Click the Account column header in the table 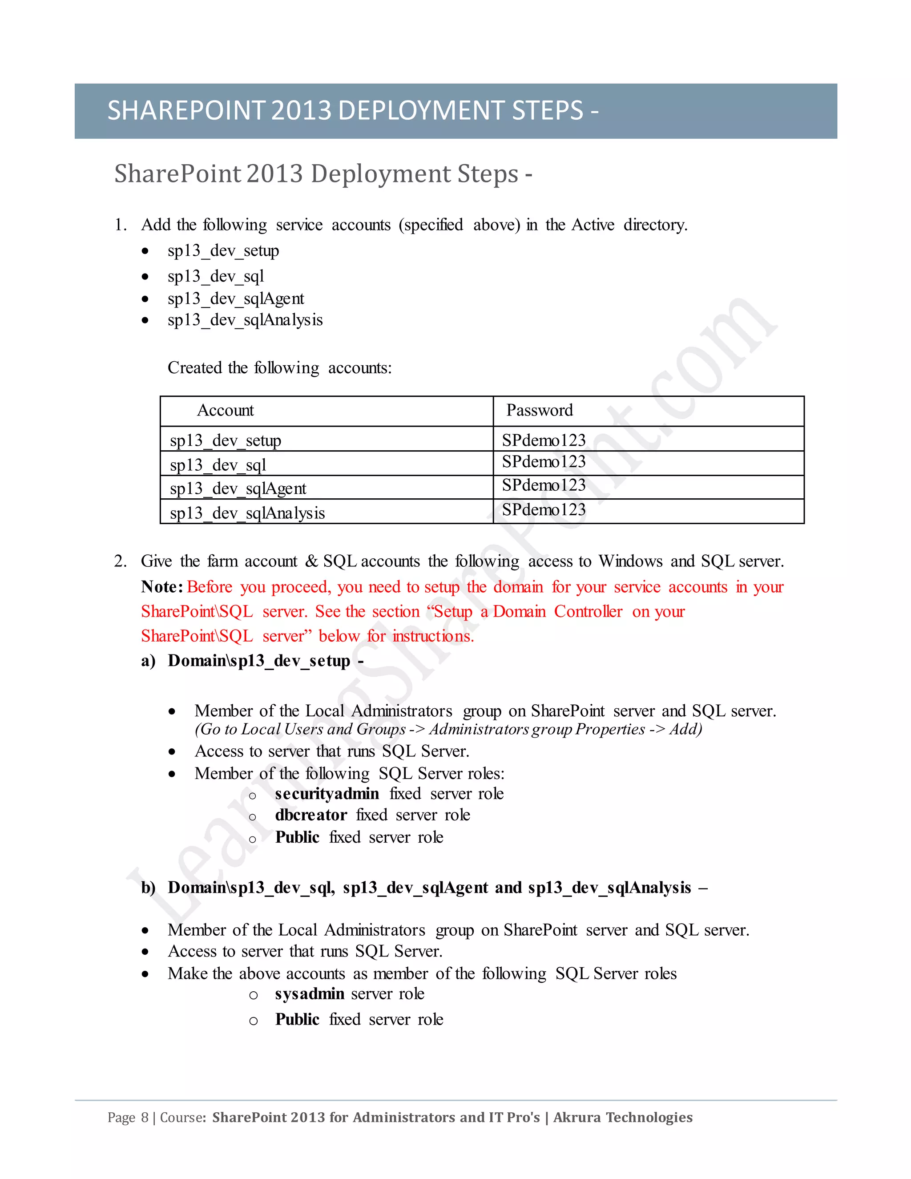pyautogui.click(x=225, y=410)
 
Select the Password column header pyautogui.click(x=539, y=410)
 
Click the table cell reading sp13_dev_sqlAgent pyautogui.click(x=238, y=489)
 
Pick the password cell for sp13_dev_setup pyautogui.click(x=544, y=440)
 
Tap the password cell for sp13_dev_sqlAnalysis pyautogui.click(x=544, y=509)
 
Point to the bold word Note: pyautogui.click(x=162, y=587)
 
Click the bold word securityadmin pyautogui.click(x=327, y=794)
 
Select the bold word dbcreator pyautogui.click(x=311, y=815)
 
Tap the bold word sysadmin pyautogui.click(x=309, y=993)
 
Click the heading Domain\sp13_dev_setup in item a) pyautogui.click(x=259, y=660)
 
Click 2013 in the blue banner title pyautogui.click(x=301, y=111)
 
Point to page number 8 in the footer pyautogui.click(x=145, y=1117)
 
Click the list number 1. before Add pyautogui.click(x=121, y=225)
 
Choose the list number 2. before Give pyautogui.click(x=121, y=561)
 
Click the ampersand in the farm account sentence pyautogui.click(x=311, y=561)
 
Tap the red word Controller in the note pyautogui.click(x=588, y=611)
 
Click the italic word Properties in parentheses pyautogui.click(x=610, y=729)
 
